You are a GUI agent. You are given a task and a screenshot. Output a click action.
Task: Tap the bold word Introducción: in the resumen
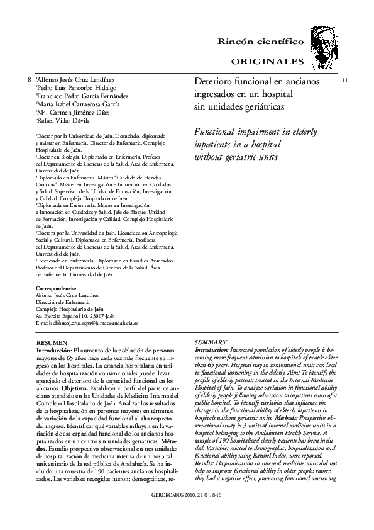click(x=54, y=349)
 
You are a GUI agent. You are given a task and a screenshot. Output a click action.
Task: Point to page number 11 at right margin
click(x=344, y=81)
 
